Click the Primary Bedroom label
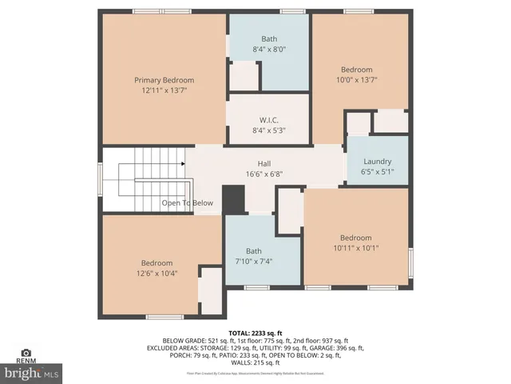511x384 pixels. (164, 80)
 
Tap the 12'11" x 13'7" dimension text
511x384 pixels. (164, 91)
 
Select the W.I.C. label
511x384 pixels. (268, 119)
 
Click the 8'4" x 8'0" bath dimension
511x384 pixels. (268, 50)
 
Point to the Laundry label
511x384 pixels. (377, 160)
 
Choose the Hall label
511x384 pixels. (263, 163)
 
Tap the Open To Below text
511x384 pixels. (188, 203)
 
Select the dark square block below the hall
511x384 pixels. (233, 199)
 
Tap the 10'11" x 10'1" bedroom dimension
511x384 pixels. (356, 248)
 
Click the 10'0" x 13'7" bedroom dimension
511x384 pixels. (357, 80)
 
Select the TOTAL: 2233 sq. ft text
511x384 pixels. (255, 332)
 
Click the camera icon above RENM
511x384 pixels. (26, 352)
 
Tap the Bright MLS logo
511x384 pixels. (32, 373)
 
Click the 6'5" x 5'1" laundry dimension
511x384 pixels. (377, 171)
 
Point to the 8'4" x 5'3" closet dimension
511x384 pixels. (268, 130)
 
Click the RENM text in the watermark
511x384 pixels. (26, 361)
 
